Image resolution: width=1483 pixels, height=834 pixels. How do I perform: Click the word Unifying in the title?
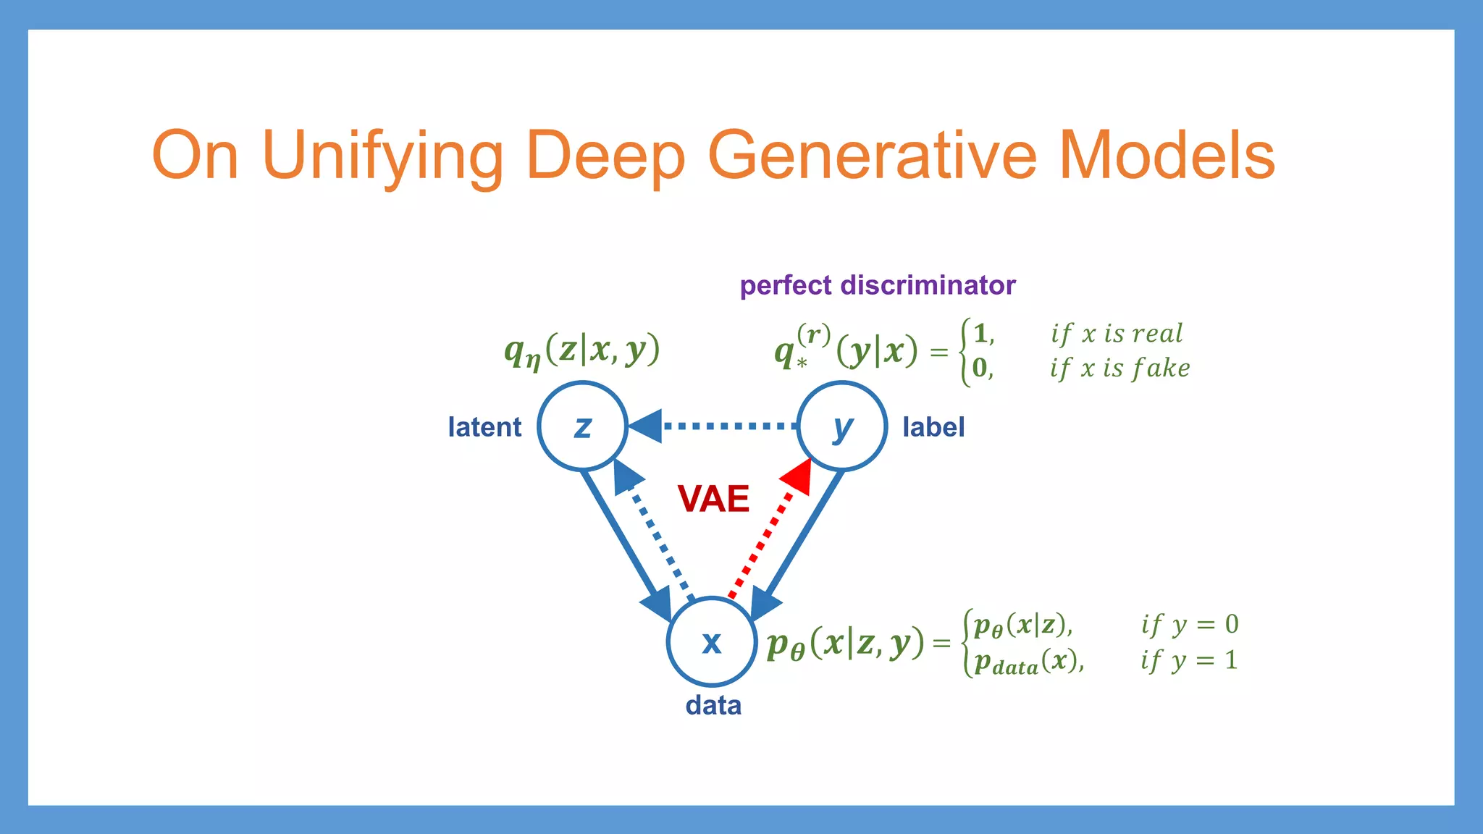pos(382,156)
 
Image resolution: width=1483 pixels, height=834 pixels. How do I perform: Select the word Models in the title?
pos(1167,156)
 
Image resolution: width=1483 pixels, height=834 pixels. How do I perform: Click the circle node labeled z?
pos(582,426)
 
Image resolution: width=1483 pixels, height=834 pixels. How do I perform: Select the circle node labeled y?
pos(842,426)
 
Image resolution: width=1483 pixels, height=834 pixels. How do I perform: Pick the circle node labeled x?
pos(712,642)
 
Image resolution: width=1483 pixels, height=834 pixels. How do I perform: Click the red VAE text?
pos(713,499)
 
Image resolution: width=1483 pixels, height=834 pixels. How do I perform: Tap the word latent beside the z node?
pos(484,427)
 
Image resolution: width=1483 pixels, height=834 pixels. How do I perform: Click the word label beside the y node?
pos(933,427)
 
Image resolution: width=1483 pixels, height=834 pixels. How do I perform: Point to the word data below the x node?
pos(713,705)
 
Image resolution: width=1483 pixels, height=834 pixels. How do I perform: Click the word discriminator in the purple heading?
pos(928,285)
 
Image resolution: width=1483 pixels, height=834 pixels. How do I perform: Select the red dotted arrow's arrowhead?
pos(799,475)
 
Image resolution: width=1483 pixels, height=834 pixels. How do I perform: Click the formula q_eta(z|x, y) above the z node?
pos(582,351)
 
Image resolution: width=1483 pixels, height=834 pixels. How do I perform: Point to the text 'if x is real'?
pos(1117,334)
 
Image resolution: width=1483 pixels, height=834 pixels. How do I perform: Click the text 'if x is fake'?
pos(1119,368)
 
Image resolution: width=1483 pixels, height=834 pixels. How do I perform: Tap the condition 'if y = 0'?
pos(1189,624)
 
